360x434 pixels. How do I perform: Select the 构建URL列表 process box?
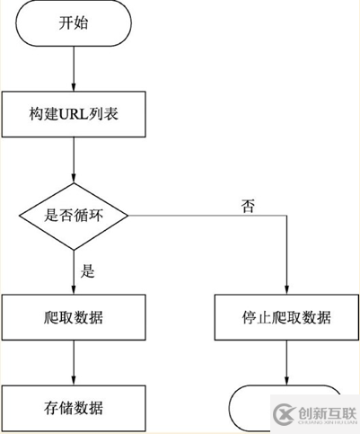75,115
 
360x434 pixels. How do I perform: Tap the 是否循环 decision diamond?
75,215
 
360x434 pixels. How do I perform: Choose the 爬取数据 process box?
75,317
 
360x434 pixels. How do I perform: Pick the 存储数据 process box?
75,407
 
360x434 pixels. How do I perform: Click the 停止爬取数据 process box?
286,317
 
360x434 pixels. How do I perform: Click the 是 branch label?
87,269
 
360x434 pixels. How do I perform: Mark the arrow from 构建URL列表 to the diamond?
75,162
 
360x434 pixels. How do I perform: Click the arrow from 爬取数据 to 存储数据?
75,362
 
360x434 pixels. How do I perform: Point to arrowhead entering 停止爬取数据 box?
286,289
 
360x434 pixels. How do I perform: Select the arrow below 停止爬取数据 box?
286,362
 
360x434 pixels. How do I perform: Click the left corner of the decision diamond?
21,215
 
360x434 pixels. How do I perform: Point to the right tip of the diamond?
129,215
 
